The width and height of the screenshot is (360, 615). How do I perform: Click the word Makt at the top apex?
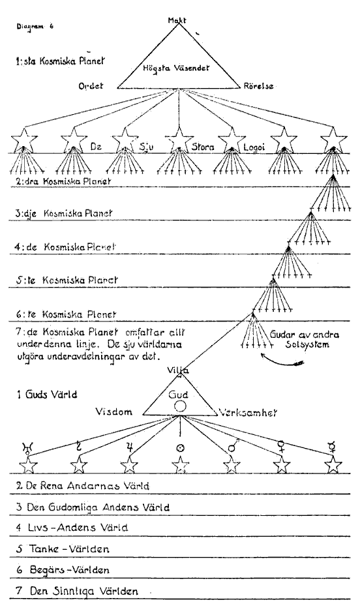[177, 20]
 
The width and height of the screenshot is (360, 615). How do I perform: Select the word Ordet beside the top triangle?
[91, 85]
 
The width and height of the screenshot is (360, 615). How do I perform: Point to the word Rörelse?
[258, 86]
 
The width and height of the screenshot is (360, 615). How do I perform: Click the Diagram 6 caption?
[35, 27]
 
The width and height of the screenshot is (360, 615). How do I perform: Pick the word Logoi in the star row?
[254, 147]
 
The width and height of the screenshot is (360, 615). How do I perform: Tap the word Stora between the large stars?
[202, 147]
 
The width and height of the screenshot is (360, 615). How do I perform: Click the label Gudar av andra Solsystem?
[304, 340]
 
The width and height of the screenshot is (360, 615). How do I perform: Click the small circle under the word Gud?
[179, 406]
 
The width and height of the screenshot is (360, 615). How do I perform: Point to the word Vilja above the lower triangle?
[177, 370]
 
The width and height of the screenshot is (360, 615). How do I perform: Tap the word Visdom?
[113, 412]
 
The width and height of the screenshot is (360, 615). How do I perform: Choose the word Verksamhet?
[248, 412]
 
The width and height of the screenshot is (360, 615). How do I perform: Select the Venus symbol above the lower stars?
[281, 447]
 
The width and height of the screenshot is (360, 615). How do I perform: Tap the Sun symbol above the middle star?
[180, 447]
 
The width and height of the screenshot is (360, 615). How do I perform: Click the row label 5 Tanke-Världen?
[63, 548]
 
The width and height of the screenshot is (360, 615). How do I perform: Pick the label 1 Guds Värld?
[46, 394]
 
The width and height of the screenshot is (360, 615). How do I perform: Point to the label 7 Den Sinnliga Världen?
[77, 591]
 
